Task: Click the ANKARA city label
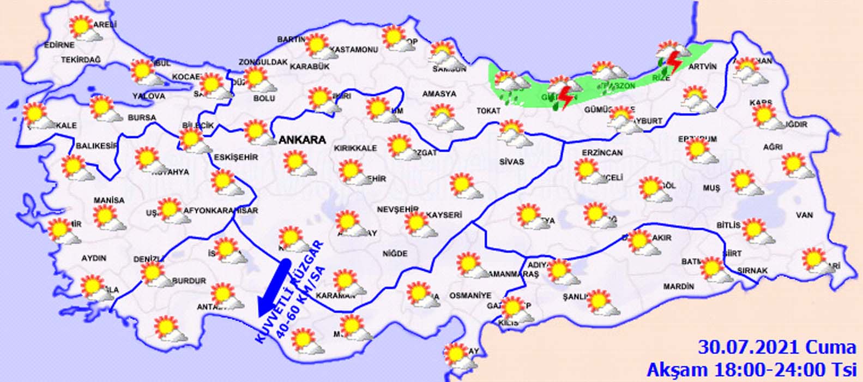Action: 302,140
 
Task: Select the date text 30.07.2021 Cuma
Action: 777,348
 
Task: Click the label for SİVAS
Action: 511,162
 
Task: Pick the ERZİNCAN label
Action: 602,153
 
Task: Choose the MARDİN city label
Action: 679,286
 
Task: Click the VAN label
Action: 804,215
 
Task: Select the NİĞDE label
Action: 395,254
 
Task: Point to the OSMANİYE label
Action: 470,295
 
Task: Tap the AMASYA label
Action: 439,94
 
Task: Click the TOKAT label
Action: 488,111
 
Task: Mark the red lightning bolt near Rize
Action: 674,62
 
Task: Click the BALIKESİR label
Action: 97,146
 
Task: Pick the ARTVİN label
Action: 702,66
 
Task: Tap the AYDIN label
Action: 94,258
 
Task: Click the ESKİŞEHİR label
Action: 236,157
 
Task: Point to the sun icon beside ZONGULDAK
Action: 255,77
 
